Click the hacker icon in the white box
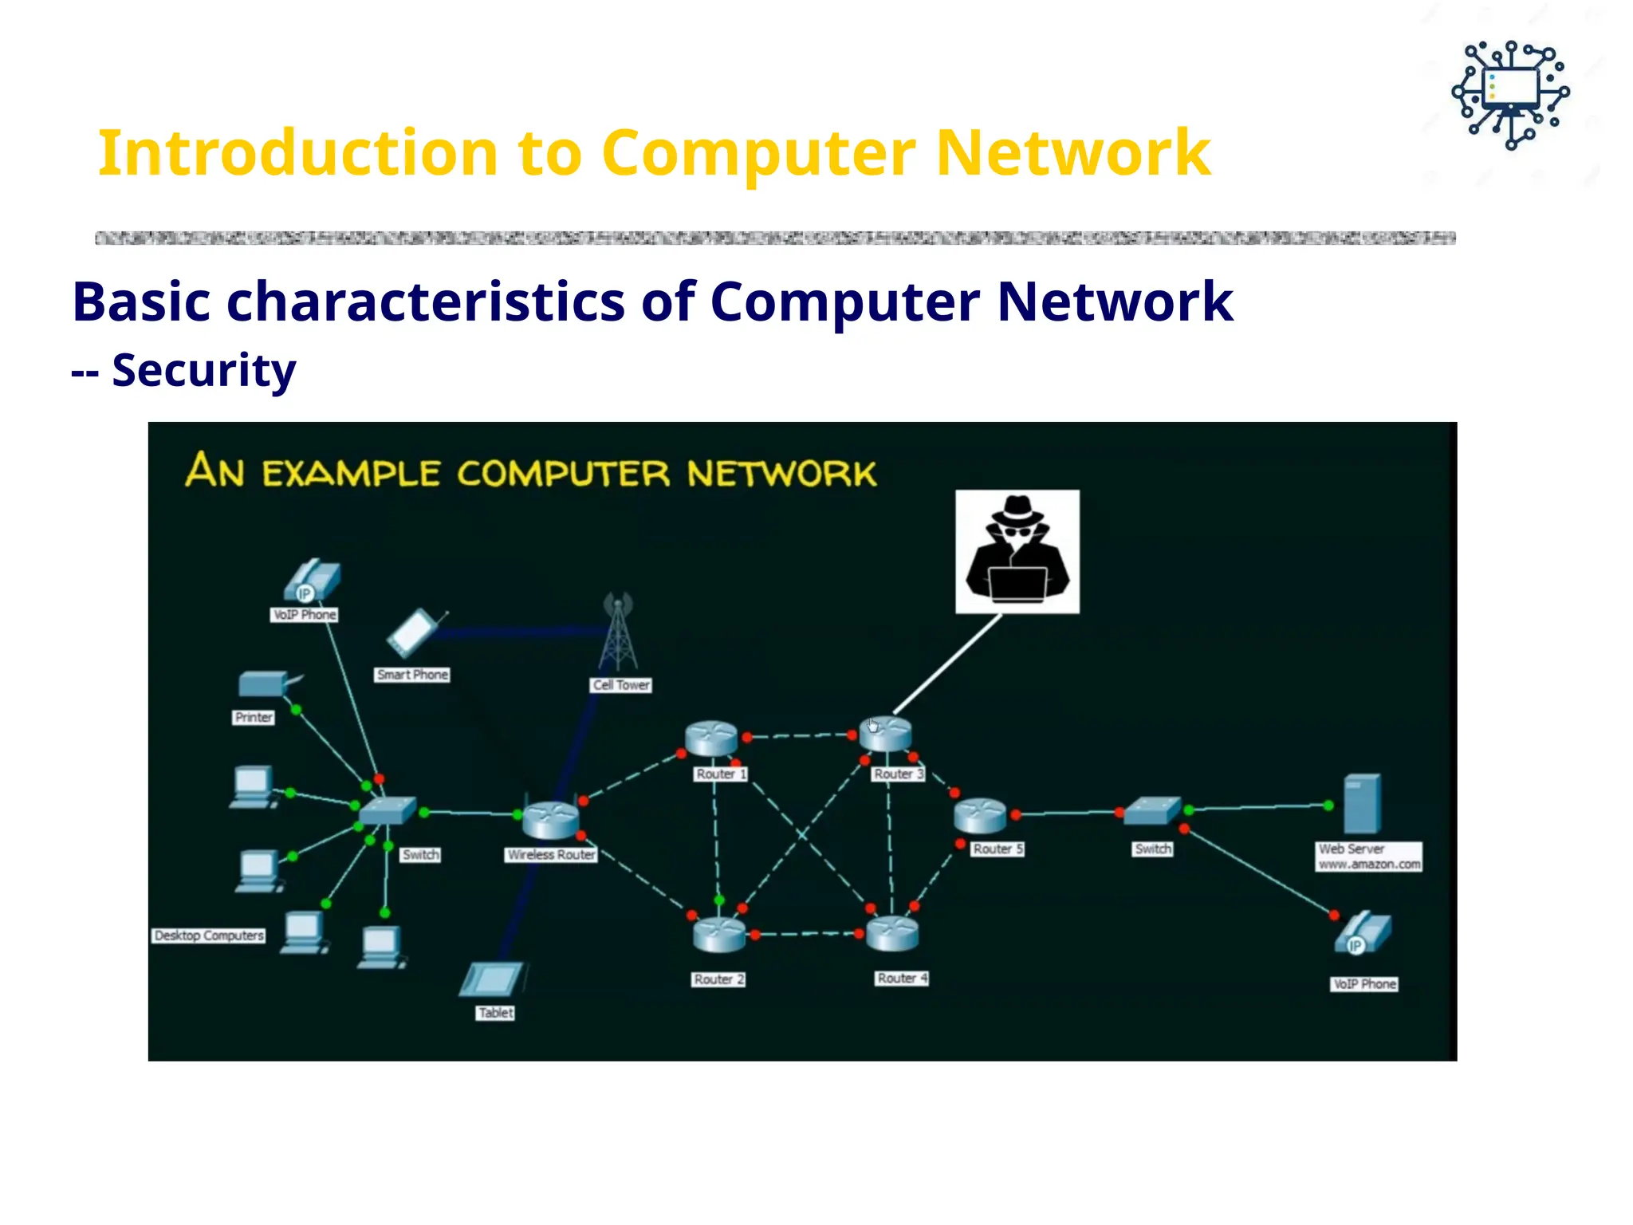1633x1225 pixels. pos(1017,551)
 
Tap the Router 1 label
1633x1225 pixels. pos(720,774)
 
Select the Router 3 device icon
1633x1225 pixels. pos(885,734)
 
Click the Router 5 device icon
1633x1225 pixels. pos(980,815)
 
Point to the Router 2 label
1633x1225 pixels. pos(718,979)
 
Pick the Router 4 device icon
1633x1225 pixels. pos(892,933)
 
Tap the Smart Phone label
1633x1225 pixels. pos(412,675)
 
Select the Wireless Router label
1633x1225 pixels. pos(551,854)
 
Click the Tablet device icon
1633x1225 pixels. pos(492,979)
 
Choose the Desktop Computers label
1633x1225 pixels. pos(209,935)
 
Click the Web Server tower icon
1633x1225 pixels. pos(1361,804)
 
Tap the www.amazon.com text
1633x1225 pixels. pos(1369,865)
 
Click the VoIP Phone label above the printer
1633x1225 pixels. pos(305,614)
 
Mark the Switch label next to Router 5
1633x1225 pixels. pos(1153,849)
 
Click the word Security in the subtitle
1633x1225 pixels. pos(204,370)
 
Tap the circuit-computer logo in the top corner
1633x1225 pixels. pos(1510,94)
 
